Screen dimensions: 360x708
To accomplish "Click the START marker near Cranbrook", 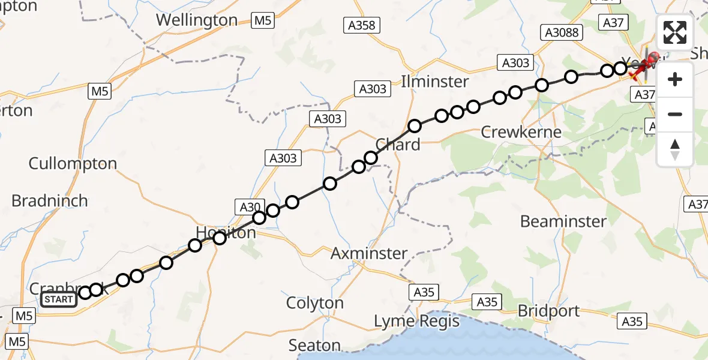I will click(x=59, y=299).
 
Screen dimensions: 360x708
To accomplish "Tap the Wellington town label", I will click(x=197, y=20).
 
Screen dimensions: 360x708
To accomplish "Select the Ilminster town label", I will click(x=435, y=81).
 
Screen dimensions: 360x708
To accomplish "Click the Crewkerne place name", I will click(x=521, y=132).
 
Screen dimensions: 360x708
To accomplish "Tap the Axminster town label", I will click(x=369, y=254).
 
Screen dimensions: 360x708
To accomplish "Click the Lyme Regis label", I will click(x=416, y=322).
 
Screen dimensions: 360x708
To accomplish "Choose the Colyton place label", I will click(x=315, y=303).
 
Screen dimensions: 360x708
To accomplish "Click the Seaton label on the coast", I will click(x=314, y=346).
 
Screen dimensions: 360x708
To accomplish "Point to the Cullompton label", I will click(x=73, y=163).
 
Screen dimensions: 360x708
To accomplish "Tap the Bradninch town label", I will click(x=50, y=200).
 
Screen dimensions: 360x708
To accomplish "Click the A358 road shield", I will click(x=362, y=25).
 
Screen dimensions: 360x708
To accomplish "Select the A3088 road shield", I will click(x=561, y=32).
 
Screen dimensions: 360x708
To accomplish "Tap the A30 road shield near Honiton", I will click(x=248, y=208).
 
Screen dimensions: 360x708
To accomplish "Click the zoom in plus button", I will click(x=675, y=79).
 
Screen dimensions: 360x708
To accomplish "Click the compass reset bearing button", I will click(x=675, y=149).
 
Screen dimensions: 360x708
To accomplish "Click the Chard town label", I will click(x=397, y=145).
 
